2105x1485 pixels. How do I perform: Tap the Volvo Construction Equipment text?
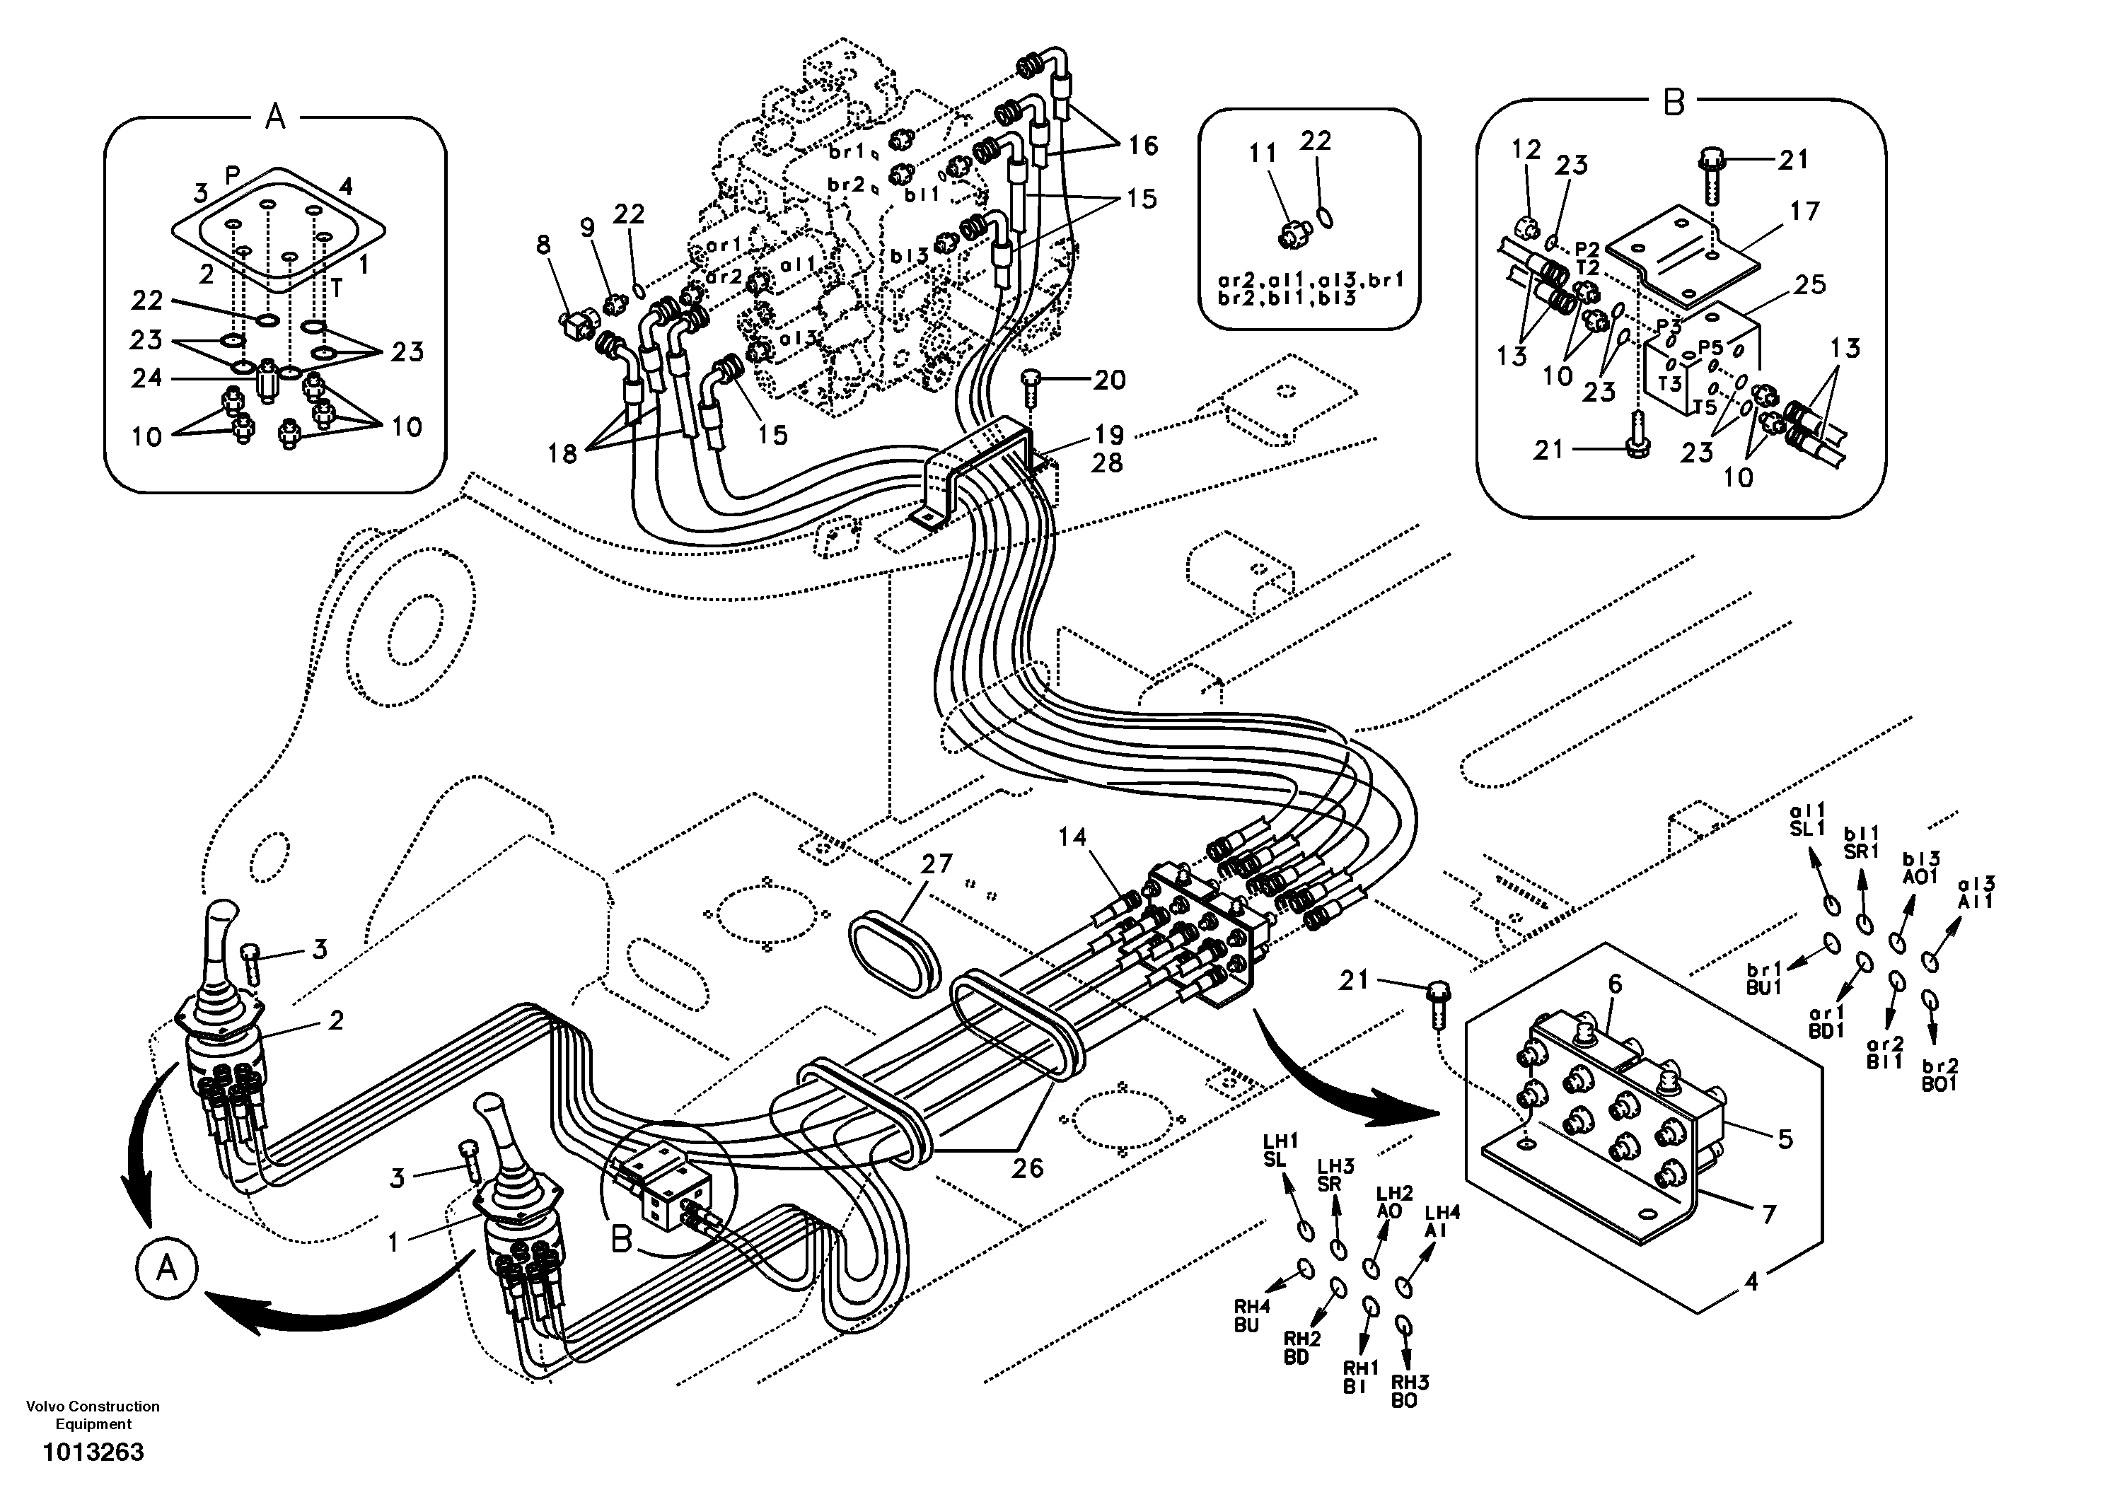pyautogui.click(x=93, y=1414)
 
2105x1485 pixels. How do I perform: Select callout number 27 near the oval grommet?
pyautogui.click(x=936, y=863)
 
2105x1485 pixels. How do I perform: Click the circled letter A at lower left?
pyautogui.click(x=166, y=1269)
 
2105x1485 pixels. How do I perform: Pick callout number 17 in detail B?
pyautogui.click(x=1804, y=211)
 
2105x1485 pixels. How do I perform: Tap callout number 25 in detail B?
pyautogui.click(x=1810, y=285)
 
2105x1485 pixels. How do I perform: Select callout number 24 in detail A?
pyautogui.click(x=146, y=378)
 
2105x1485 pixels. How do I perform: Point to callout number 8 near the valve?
pyautogui.click(x=544, y=245)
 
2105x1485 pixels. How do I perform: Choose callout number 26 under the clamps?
pyautogui.click(x=1027, y=1167)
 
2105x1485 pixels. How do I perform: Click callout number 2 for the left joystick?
pyautogui.click(x=335, y=1020)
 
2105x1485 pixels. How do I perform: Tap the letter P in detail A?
pyautogui.click(x=233, y=174)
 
